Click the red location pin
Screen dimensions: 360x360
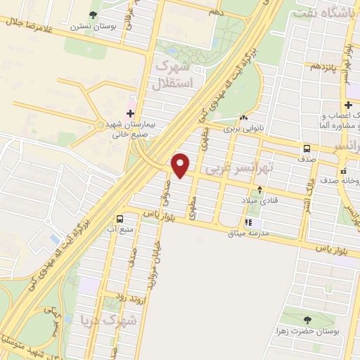coord(181,165)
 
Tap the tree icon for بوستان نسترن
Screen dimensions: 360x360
coord(94,15)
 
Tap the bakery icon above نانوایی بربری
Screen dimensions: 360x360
coord(243,118)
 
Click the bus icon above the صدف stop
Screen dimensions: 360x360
coord(307,148)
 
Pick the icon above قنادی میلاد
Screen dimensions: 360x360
coord(260,190)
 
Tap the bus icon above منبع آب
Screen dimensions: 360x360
coord(120,219)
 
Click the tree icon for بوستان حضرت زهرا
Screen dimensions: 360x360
coord(286,319)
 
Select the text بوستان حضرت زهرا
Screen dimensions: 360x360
coord(315,330)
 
